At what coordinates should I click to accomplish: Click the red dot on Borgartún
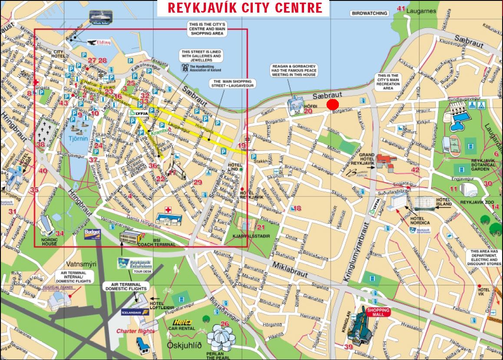(x=332, y=105)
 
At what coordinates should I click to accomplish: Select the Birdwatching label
(x=369, y=13)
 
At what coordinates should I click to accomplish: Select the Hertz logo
(x=182, y=323)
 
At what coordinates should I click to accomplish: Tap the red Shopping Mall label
(x=378, y=311)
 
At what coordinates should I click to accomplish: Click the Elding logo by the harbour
(x=96, y=43)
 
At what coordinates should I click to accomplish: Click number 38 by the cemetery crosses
(x=41, y=145)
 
